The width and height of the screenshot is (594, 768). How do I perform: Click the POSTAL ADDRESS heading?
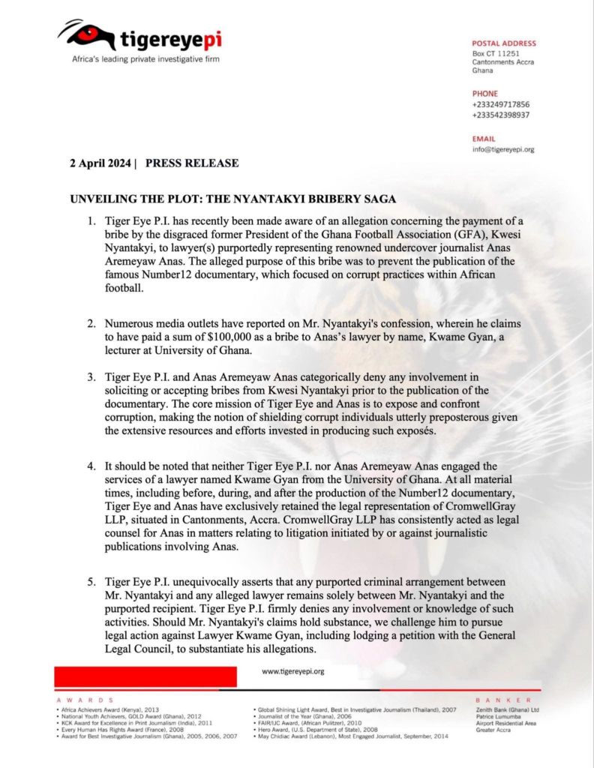click(x=503, y=43)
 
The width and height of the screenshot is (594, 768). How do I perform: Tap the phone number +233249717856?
click(x=500, y=104)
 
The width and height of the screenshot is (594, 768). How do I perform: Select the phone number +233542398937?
click(x=500, y=115)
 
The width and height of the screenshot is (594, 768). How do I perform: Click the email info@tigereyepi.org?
click(x=502, y=149)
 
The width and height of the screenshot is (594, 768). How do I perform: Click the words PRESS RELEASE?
click(x=192, y=163)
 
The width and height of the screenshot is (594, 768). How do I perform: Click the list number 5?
click(x=90, y=582)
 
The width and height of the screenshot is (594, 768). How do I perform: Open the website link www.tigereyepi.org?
click(x=292, y=671)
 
